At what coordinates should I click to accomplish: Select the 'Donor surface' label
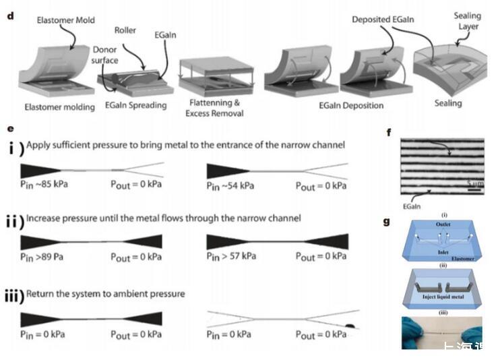[105, 55]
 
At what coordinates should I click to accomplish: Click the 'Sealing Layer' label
[468, 22]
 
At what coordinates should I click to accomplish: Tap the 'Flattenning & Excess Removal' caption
[213, 108]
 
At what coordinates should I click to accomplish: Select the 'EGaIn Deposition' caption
[351, 105]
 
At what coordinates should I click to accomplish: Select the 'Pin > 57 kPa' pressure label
[234, 256]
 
